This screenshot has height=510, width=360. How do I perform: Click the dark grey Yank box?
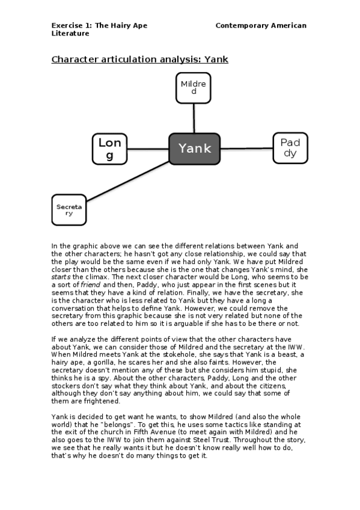pos(195,149)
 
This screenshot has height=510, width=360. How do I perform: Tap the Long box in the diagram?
pos(109,149)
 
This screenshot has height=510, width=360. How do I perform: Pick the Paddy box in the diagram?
pos(290,148)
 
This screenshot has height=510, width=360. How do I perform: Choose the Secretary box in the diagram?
pos(69,210)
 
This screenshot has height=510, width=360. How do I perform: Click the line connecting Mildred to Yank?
pos(194,118)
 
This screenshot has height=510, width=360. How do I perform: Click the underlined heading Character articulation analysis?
pos(139,60)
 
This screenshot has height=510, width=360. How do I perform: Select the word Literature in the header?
pos(70,34)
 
